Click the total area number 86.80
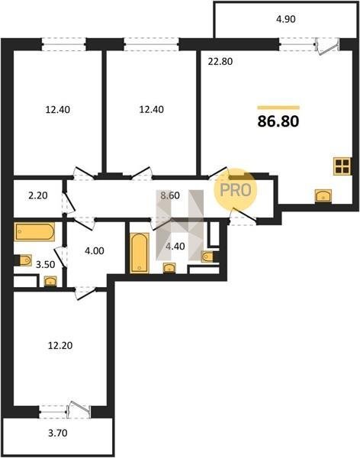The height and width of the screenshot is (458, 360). coord(278,121)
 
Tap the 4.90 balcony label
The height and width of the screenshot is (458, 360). coord(286,19)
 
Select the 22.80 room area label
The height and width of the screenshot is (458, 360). coord(220,62)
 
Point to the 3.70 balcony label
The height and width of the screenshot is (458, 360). coord(58,433)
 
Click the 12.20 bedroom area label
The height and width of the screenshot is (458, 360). coord(60,346)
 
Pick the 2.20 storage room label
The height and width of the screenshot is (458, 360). coord(38,195)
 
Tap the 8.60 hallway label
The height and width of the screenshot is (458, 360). coord(170,195)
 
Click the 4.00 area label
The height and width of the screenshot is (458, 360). coord(95,251)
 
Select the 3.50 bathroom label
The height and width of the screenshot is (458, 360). coord(45,265)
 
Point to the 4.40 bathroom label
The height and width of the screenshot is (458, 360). coord(175,247)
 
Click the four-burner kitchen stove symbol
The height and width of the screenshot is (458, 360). coord(342,166)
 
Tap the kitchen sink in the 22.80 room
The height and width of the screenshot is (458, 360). coord(323,195)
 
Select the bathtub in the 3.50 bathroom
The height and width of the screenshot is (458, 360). coord(34,231)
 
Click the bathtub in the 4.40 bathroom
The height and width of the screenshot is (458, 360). coord(140,253)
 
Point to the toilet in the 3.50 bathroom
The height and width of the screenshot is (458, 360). coord(24,260)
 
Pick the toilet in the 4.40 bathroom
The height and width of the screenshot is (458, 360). coord(209,256)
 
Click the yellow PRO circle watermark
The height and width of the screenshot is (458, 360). coord(236,190)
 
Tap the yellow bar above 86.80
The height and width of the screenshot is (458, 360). coord(278,108)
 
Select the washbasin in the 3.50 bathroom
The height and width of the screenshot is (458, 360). coord(50,281)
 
